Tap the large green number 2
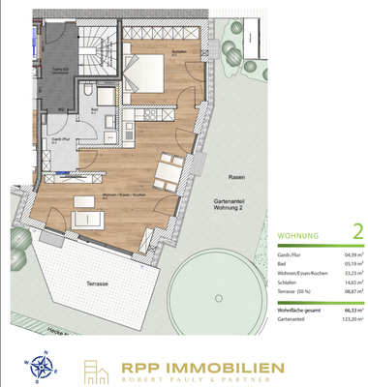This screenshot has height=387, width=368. (x=356, y=231)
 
